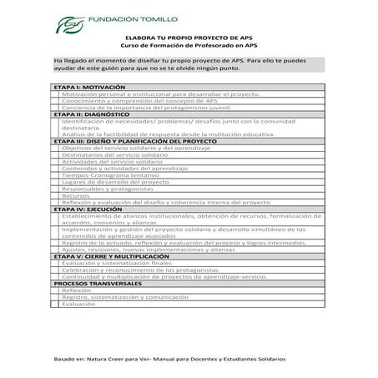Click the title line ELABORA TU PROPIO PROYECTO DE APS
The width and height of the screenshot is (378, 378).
[188, 38]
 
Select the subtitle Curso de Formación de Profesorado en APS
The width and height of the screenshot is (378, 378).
[189, 46]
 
